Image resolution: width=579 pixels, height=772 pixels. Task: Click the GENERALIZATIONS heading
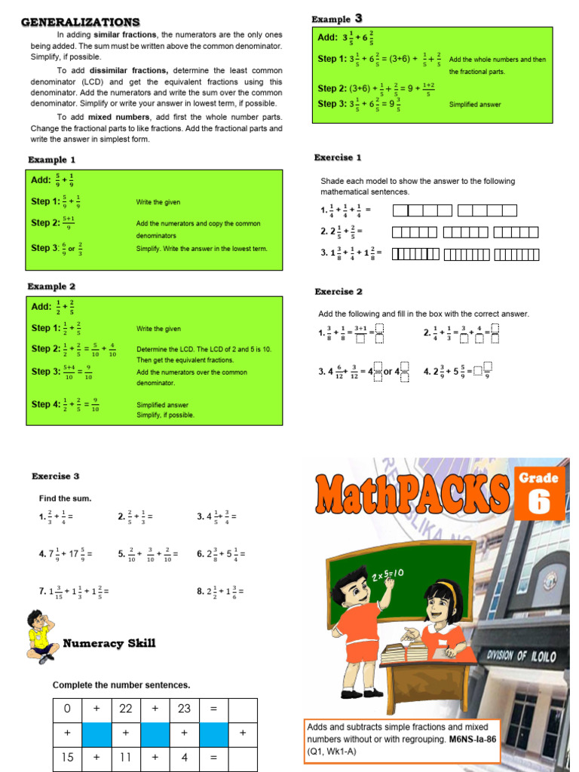point(80,22)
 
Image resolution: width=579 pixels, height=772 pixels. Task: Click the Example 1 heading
point(52,160)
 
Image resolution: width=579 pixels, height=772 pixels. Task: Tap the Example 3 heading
point(337,19)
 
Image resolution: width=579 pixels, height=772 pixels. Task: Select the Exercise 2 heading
point(339,292)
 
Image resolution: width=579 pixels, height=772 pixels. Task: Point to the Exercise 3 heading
point(55,476)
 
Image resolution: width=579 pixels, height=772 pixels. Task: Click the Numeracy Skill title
point(109,643)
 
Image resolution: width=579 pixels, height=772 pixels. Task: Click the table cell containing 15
point(68,758)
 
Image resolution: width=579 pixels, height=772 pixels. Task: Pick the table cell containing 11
point(126,758)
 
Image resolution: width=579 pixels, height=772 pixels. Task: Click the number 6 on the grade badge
point(539,503)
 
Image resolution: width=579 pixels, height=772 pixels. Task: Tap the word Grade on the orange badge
point(539,478)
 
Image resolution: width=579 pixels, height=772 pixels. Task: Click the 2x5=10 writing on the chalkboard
point(387,575)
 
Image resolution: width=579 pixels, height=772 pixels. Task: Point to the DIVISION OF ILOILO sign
point(522,656)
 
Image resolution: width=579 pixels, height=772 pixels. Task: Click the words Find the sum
point(65,498)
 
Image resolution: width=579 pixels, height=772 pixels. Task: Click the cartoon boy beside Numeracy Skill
point(41,636)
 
